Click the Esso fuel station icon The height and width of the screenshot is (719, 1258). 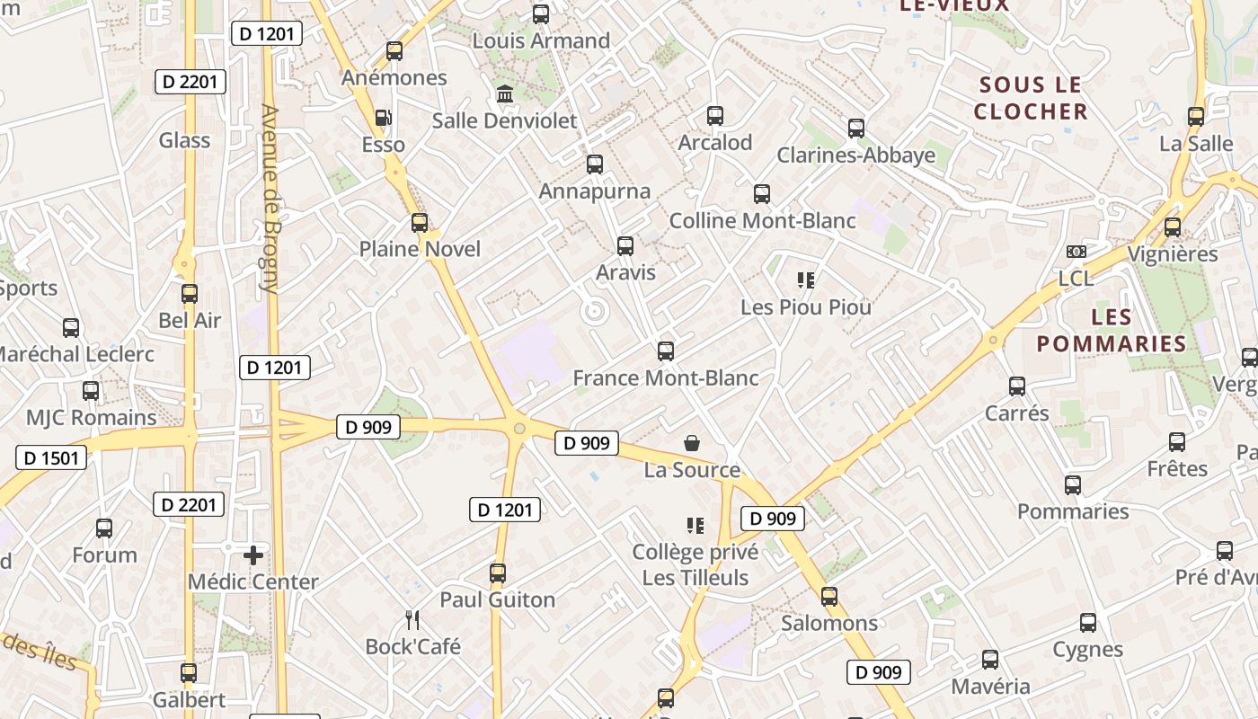383,118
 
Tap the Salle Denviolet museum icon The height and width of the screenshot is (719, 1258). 504,93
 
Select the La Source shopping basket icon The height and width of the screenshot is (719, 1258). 692,442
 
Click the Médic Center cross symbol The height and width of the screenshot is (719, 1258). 253,555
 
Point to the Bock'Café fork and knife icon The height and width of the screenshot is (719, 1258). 412,619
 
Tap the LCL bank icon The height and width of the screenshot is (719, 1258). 1076,252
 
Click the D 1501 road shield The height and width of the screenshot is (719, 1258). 51,457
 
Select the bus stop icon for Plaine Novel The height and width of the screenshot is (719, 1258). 420,223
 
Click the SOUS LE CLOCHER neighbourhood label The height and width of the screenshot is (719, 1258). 1030,98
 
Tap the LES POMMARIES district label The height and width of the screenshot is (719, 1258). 1112,331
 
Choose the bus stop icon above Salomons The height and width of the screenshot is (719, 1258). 829,596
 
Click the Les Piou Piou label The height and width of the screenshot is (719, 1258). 805,307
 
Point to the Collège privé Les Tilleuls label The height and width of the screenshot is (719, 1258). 695,565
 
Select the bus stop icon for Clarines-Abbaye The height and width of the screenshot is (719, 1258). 856,129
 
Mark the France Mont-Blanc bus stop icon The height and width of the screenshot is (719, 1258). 666,351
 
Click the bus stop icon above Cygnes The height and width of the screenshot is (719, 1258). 1088,622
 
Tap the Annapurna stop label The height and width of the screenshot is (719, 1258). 594,191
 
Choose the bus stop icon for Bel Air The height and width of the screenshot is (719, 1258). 190,294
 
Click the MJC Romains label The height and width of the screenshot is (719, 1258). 91,418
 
